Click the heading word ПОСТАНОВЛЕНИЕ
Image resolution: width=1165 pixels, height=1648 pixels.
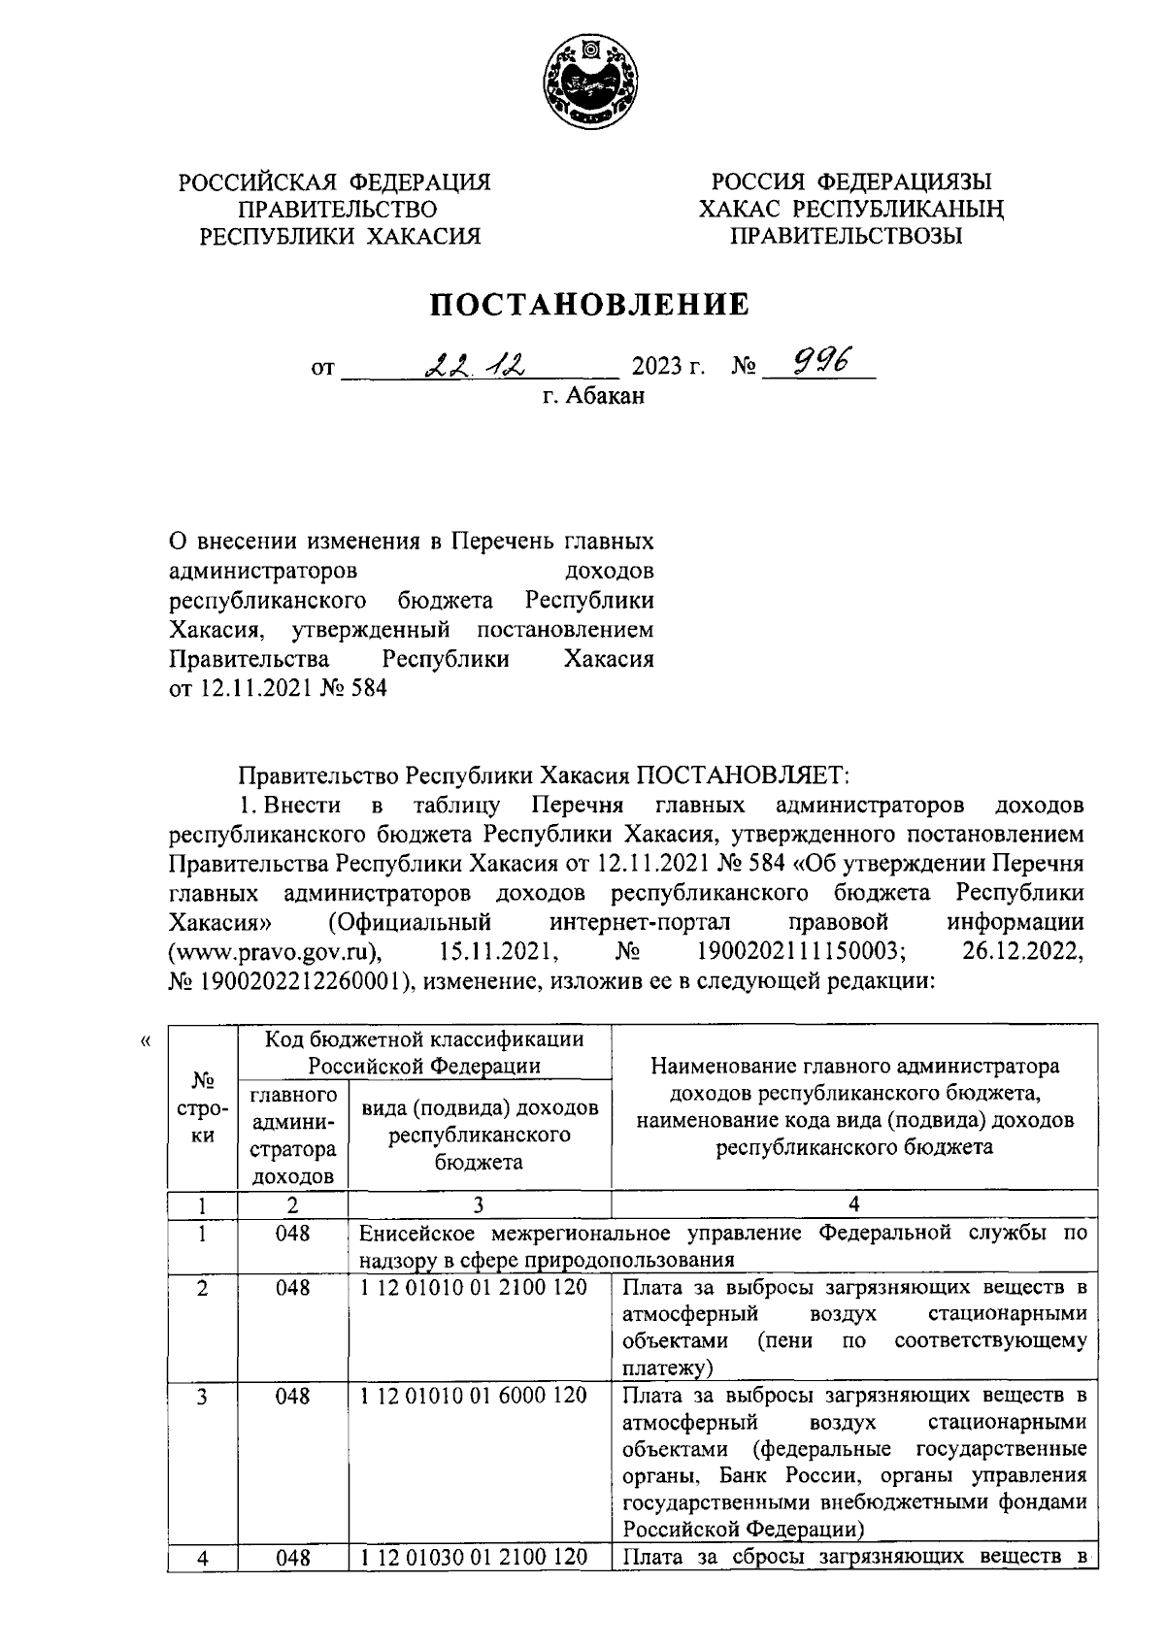click(590, 305)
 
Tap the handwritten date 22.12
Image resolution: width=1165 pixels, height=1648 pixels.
click(476, 364)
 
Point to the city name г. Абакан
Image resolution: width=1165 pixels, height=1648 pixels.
click(592, 396)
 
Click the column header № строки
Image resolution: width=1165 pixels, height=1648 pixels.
click(202, 1107)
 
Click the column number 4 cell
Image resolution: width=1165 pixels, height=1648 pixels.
click(854, 1204)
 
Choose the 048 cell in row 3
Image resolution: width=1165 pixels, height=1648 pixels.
click(292, 1396)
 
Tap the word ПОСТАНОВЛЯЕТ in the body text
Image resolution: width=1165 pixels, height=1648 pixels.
click(743, 775)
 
